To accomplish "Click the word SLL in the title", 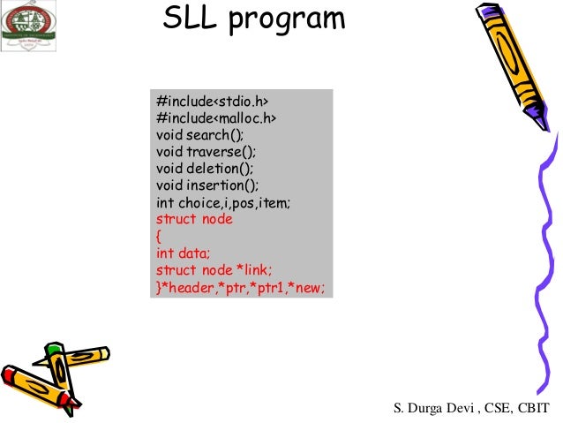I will [190, 19].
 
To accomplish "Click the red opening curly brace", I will [159, 236].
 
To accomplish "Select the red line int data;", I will [185, 253].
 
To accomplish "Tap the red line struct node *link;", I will [214, 270].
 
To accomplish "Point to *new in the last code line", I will [318, 288].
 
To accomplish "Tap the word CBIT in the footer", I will [531, 407].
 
